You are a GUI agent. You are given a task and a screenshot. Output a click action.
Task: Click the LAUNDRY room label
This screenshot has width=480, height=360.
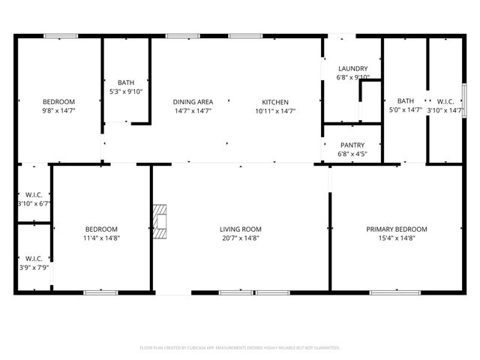tap(352, 68)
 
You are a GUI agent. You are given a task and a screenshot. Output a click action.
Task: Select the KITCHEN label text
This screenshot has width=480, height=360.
tap(274, 102)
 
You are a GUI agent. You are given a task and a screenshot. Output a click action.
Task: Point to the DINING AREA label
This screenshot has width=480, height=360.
tap(193, 102)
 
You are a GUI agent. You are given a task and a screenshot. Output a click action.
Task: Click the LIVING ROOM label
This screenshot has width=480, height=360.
tap(240, 229)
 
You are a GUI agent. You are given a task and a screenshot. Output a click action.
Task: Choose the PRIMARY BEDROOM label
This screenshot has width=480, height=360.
tap(396, 229)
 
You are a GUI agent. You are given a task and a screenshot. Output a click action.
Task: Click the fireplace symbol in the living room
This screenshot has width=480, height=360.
tap(160, 222)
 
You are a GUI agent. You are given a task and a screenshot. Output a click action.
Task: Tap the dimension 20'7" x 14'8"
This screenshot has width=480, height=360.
tap(240, 238)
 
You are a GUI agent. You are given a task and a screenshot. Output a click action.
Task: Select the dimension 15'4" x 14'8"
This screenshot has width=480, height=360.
tap(396, 238)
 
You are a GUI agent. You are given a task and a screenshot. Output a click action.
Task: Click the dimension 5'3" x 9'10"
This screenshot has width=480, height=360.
tap(126, 91)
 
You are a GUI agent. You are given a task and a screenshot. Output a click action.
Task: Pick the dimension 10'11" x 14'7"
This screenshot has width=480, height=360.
tap(274, 111)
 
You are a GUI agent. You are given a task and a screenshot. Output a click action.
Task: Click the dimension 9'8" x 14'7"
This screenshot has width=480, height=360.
tap(58, 111)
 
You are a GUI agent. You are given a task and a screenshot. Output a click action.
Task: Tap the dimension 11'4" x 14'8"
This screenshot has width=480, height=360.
tap(100, 238)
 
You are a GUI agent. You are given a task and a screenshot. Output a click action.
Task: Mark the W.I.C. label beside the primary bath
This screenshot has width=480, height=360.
tap(444, 102)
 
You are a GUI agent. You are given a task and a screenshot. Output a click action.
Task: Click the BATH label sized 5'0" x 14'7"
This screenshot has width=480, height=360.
tap(405, 102)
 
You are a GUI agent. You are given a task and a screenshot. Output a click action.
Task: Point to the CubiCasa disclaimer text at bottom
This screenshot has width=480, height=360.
tap(240, 348)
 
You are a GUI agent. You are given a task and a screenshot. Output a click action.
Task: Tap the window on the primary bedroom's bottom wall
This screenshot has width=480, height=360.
tap(395, 292)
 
